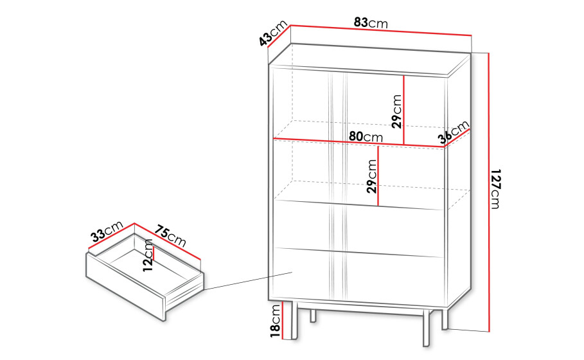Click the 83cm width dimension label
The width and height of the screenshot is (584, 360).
(x=371, y=22)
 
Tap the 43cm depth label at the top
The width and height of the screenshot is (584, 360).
(x=274, y=33)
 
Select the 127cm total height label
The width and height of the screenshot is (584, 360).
(x=495, y=189)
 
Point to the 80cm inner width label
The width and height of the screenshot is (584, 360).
(x=366, y=137)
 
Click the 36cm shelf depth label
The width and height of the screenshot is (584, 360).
(x=454, y=132)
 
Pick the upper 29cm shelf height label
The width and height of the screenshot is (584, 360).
(x=397, y=111)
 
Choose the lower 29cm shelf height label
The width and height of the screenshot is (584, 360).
(x=372, y=176)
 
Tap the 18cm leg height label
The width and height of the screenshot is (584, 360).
(x=275, y=321)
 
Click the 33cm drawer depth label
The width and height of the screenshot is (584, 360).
(x=107, y=231)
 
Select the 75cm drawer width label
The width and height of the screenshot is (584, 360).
(x=170, y=236)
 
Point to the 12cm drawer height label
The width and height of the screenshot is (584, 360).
(x=148, y=255)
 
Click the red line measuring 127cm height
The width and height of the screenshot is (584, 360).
(x=489, y=192)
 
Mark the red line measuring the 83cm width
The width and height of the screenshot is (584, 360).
(x=381, y=30)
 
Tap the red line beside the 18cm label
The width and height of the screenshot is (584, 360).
(x=283, y=321)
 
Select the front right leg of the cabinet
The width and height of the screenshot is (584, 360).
(x=427, y=327)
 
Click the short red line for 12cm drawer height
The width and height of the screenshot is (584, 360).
(x=154, y=253)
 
